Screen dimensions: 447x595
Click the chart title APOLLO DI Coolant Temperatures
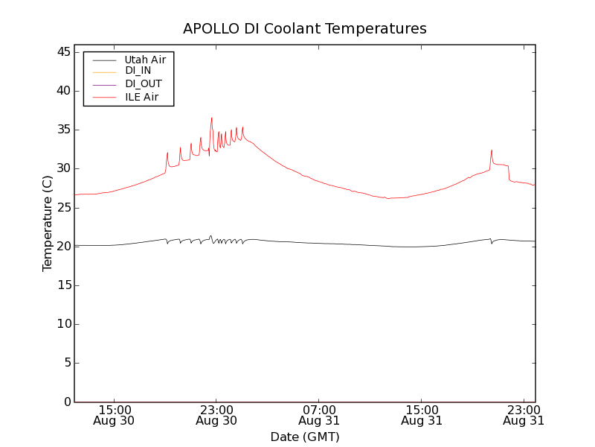[x=305, y=29]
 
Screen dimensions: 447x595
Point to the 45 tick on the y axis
[x=62, y=52]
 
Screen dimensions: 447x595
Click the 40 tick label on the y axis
[x=62, y=91]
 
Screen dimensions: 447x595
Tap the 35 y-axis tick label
[x=62, y=130]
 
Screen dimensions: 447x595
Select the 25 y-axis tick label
[x=62, y=207]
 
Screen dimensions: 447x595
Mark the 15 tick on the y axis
[x=62, y=285]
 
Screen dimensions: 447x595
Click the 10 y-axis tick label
[x=62, y=324]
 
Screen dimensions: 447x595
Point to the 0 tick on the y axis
[x=66, y=402]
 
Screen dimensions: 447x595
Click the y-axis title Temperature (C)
[x=48, y=223]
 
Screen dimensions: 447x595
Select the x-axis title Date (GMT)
[x=305, y=437]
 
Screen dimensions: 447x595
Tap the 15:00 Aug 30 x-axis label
[x=115, y=414]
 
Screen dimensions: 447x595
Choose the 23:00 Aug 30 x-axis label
[x=216, y=414]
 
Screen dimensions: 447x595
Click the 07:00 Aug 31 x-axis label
[x=319, y=414]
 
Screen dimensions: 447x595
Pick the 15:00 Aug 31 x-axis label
[x=422, y=414]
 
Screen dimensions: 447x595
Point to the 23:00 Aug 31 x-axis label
[x=524, y=414]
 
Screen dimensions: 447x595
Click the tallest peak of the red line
[x=211, y=118]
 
